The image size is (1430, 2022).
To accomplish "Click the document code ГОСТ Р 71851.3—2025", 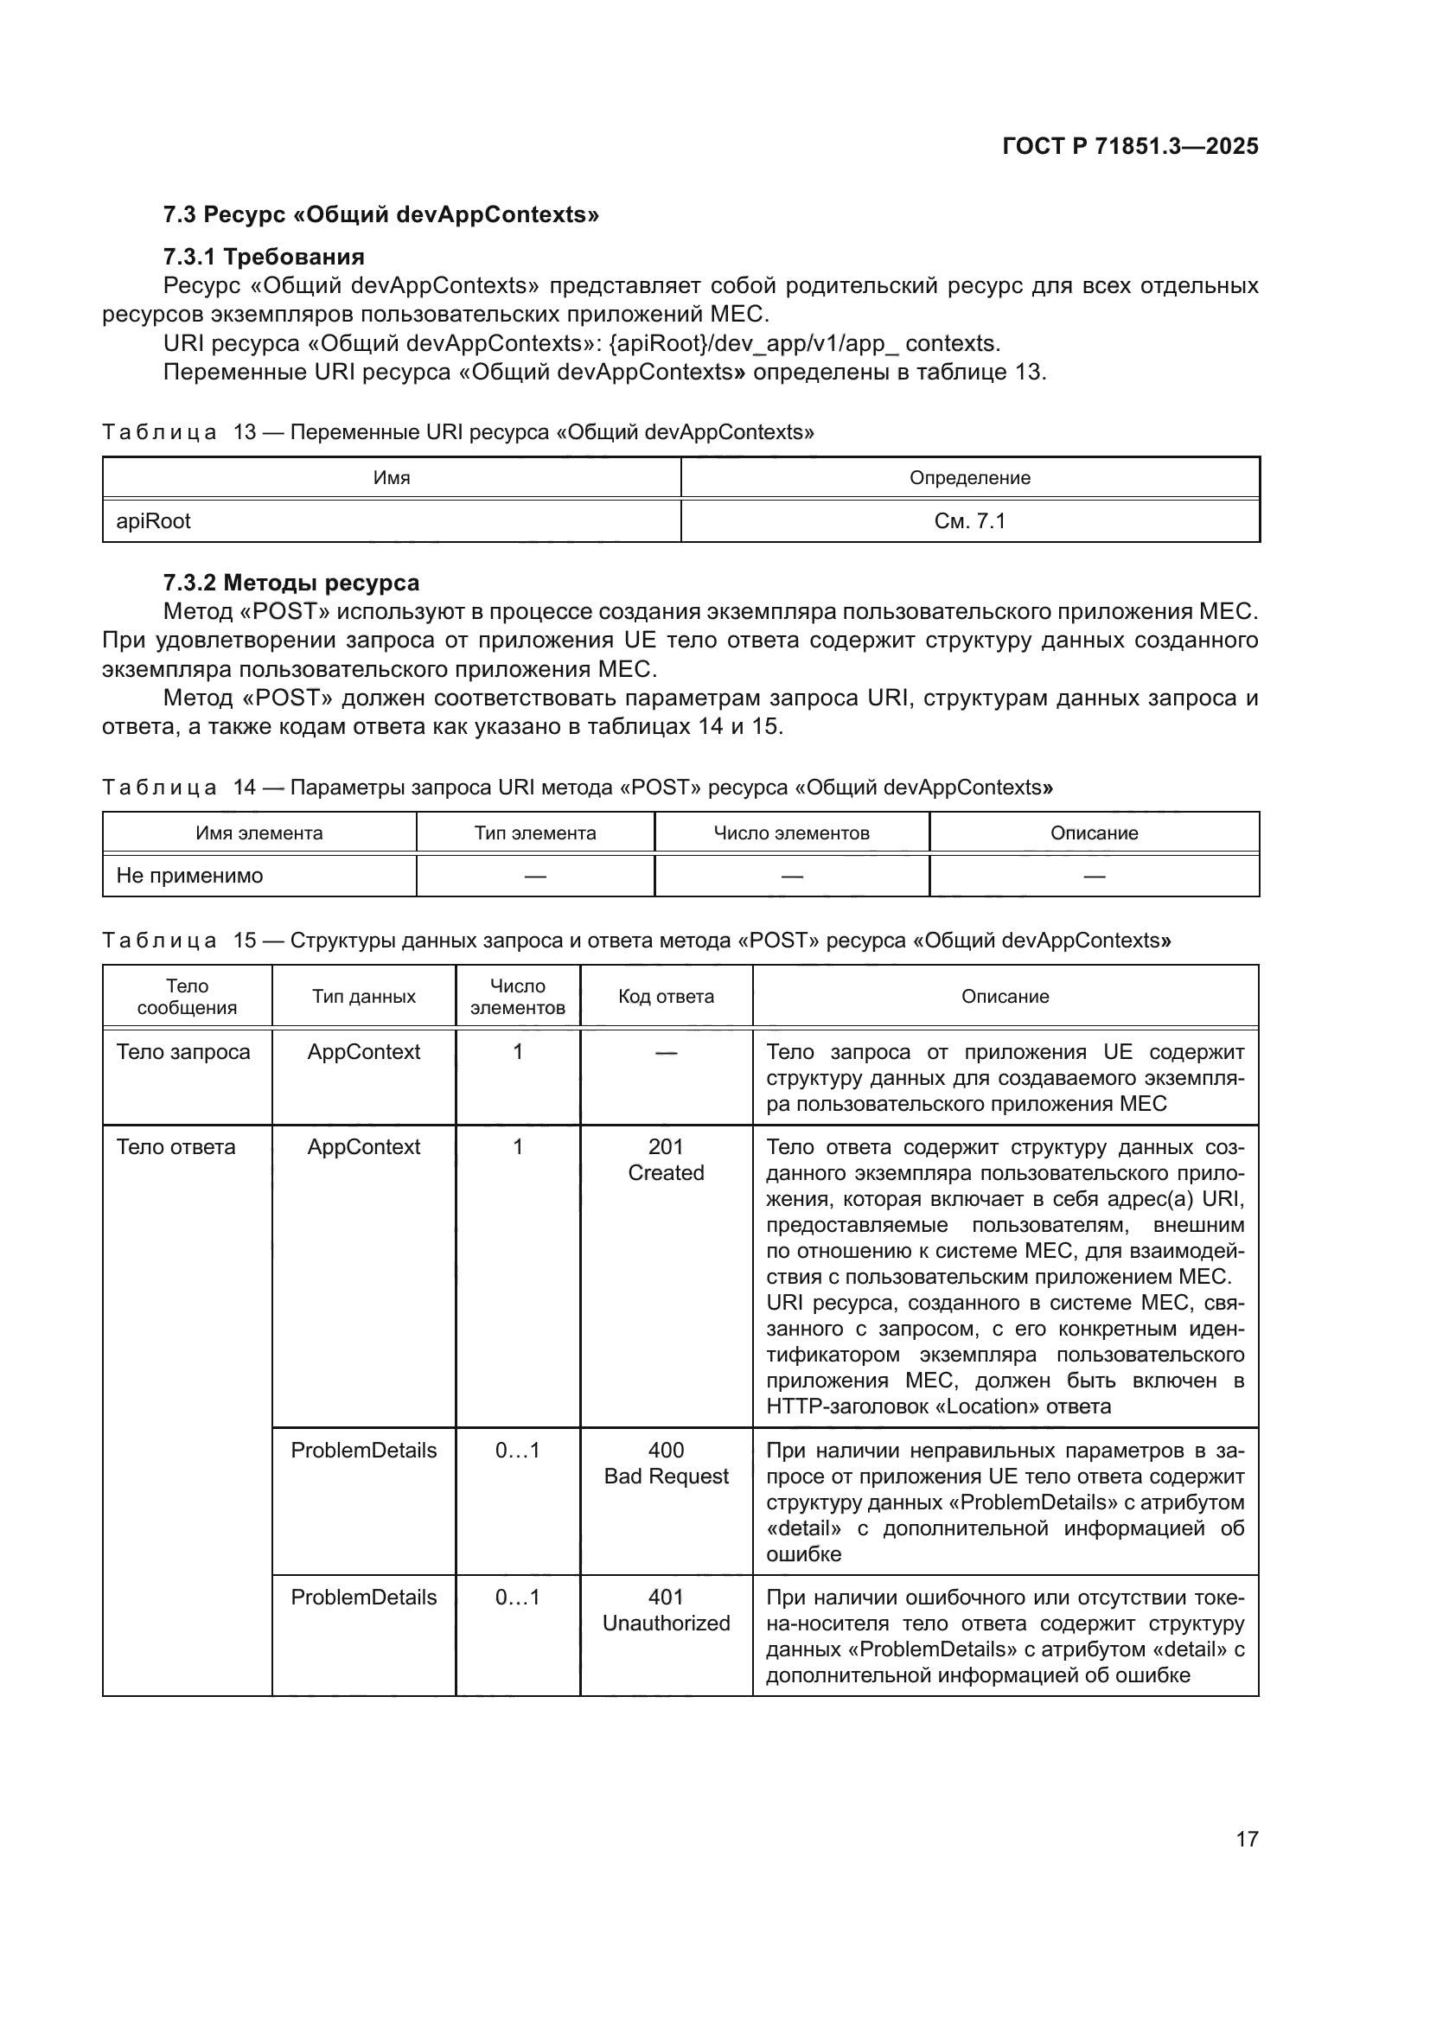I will tap(1130, 146).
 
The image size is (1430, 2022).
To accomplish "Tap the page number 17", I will tap(1246, 1839).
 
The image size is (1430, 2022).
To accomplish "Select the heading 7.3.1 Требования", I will tap(264, 256).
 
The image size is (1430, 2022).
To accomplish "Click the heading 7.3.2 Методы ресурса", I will tap(290, 582).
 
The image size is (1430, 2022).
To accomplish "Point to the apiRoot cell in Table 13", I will tap(153, 521).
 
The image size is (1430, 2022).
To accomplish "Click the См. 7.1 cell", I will tap(969, 521).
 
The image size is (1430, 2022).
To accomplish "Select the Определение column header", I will tap(969, 478).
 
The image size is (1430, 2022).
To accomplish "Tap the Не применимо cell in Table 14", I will tap(189, 876).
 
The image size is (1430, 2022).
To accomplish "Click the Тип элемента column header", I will tap(534, 833).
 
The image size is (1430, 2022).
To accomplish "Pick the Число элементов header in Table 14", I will tap(791, 833).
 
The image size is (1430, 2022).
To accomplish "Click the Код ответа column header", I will tap(666, 996).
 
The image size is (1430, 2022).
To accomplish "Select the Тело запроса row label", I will tap(183, 1051).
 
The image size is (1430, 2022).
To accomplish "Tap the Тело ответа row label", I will tap(176, 1146).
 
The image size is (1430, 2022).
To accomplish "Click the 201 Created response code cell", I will tap(666, 1159).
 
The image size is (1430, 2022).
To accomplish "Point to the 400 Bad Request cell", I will tap(666, 1463).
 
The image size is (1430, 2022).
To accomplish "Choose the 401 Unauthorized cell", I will tap(666, 1610).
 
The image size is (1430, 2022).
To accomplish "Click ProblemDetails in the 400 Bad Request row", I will tap(363, 1451).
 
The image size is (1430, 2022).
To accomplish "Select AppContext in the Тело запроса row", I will tap(363, 1051).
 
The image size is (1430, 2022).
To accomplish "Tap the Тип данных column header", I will tap(363, 996).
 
